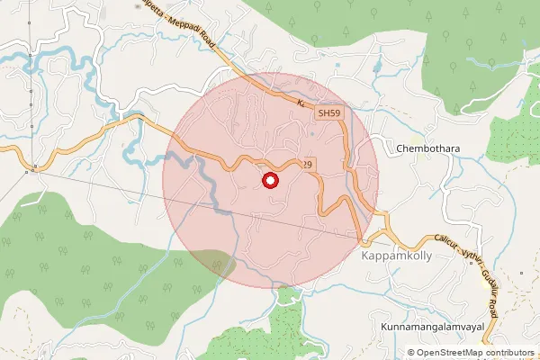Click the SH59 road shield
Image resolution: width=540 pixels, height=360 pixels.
coord(328,114)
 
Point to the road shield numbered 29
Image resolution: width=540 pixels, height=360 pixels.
coord(307,164)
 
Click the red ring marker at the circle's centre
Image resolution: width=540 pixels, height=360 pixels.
coord(269,181)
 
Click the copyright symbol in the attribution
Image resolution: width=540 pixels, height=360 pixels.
coord(411,353)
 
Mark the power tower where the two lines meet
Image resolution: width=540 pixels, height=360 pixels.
coord(34,168)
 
